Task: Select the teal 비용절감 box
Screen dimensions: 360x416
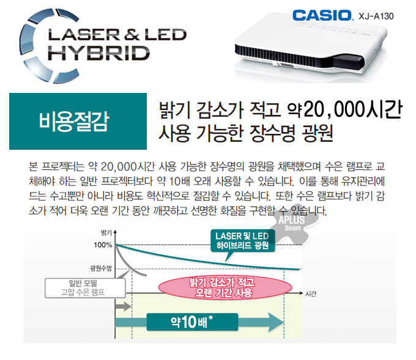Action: pos(78,121)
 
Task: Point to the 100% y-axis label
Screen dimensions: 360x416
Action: pos(104,245)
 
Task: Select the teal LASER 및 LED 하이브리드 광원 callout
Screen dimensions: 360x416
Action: pos(242,241)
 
